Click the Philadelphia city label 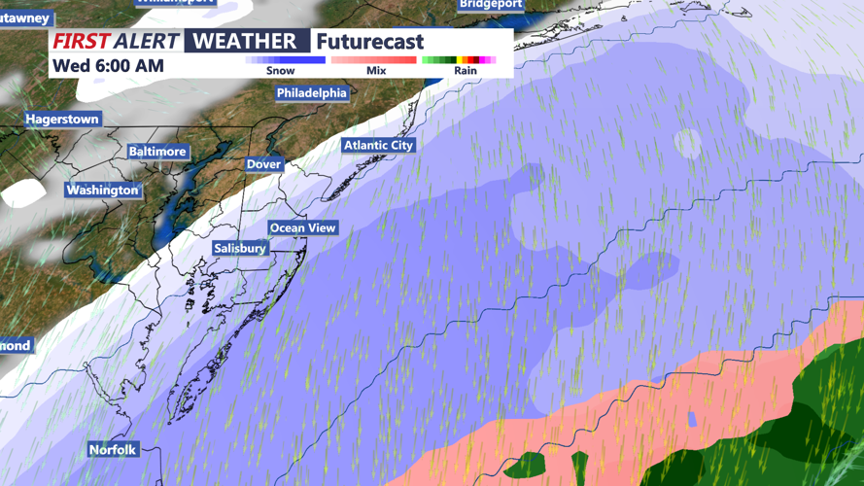tap(312, 93)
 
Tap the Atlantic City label tap(378, 145)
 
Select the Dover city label tap(263, 164)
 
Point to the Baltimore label tap(157, 152)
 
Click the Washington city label tap(102, 191)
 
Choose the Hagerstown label tap(62, 119)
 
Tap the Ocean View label tap(302, 228)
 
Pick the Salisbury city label tap(240, 249)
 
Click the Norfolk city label tap(113, 450)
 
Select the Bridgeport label tap(491, 5)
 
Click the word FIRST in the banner tap(81, 42)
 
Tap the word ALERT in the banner tap(146, 42)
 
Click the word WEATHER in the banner tap(245, 41)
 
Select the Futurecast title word tap(370, 42)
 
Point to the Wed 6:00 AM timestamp tap(108, 66)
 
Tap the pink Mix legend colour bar tap(374, 60)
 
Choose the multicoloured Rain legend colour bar tap(459, 60)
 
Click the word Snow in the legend tap(280, 71)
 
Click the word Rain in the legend tap(466, 71)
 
